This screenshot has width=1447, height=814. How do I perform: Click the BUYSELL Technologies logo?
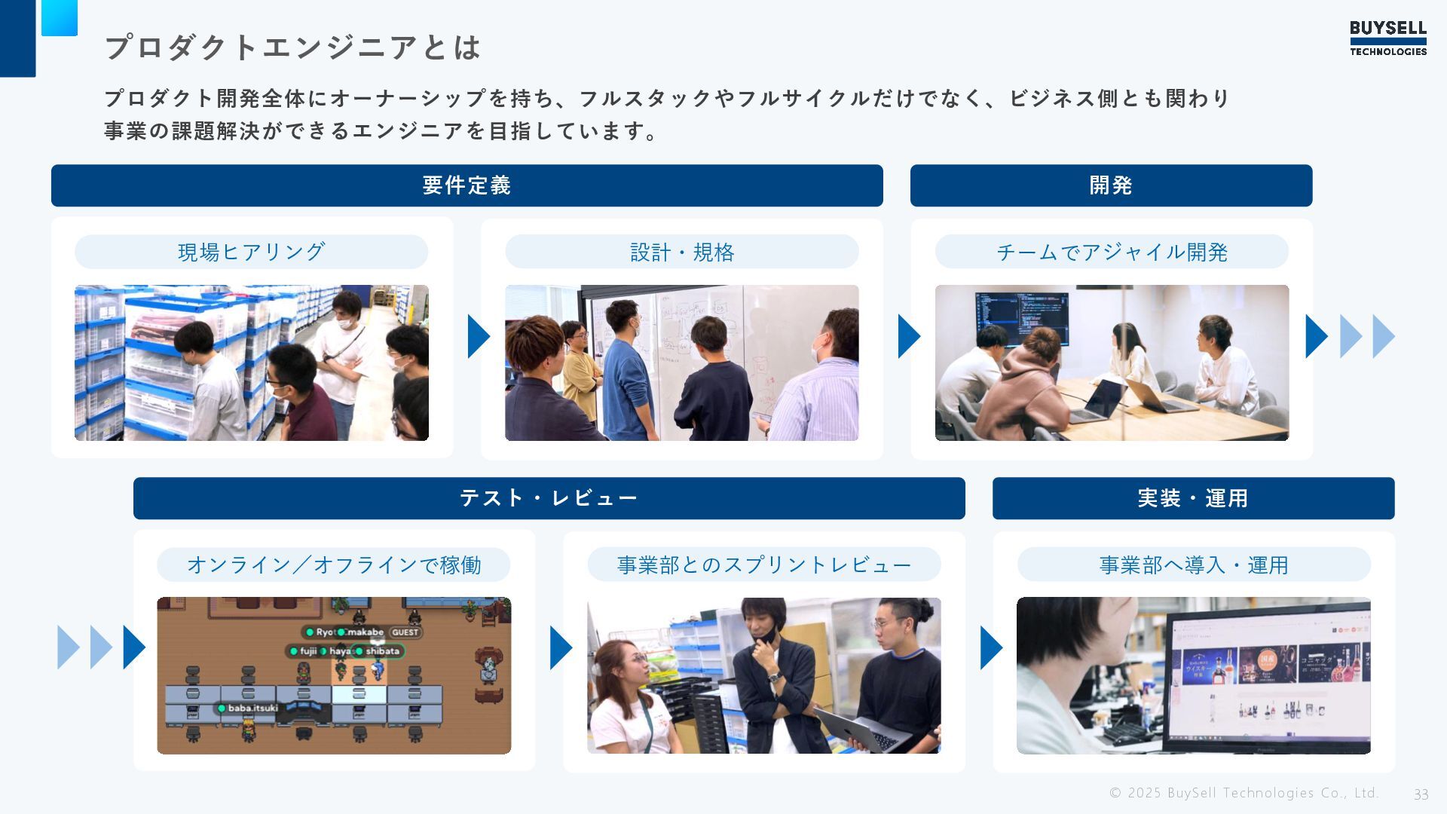pyautogui.click(x=1387, y=38)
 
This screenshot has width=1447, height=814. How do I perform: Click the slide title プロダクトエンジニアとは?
pyautogui.click(x=292, y=47)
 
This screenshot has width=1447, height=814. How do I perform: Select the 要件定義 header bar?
pyautogui.click(x=467, y=185)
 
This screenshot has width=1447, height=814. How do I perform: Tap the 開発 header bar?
pyautogui.click(x=1111, y=185)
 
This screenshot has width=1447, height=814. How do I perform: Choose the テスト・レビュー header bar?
pyautogui.click(x=549, y=498)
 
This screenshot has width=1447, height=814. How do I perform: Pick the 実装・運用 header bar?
pyautogui.click(x=1193, y=498)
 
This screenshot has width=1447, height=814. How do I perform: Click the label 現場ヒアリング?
pyautogui.click(x=251, y=252)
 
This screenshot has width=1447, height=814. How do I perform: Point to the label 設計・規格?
pyautogui.click(x=681, y=252)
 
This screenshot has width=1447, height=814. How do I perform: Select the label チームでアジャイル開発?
pyautogui.click(x=1112, y=252)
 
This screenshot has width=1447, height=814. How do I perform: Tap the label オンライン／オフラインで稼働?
pyautogui.click(x=333, y=565)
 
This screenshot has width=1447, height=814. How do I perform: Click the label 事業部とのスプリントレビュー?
pyautogui.click(x=763, y=565)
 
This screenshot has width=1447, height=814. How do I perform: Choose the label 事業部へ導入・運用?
pyautogui.click(x=1194, y=565)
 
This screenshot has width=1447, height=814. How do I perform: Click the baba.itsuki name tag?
pyautogui.click(x=248, y=708)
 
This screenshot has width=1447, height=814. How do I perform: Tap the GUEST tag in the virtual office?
pyautogui.click(x=405, y=632)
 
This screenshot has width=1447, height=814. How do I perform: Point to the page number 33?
pyautogui.click(x=1421, y=794)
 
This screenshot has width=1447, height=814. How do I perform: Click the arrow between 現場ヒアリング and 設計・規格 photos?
pyautogui.click(x=479, y=336)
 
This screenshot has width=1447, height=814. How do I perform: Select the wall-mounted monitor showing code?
pyautogui.click(x=1022, y=317)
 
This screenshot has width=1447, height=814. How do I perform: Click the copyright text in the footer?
pyautogui.click(x=1244, y=793)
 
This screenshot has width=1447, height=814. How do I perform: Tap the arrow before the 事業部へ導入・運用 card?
pyautogui.click(x=991, y=647)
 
